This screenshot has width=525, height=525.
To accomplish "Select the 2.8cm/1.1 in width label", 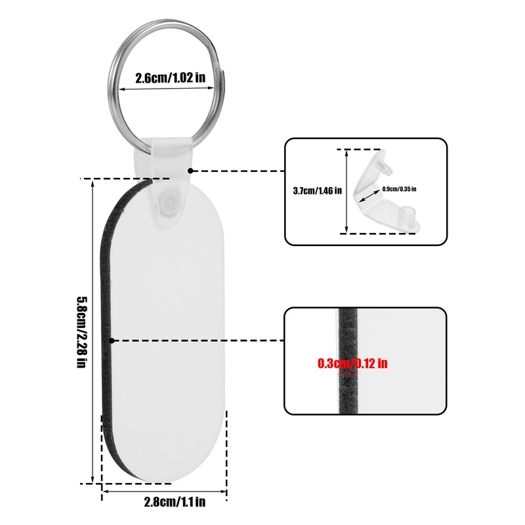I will pos(175,502).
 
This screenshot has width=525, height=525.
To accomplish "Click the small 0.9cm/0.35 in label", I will pos(400,189).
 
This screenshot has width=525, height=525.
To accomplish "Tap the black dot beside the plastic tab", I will pos(190,170).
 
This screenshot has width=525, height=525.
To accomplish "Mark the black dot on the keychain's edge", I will pos(113,341).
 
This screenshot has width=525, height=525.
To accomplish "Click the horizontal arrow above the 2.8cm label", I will pos(164,490).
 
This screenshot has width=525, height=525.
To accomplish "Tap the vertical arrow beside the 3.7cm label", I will pos(346,191).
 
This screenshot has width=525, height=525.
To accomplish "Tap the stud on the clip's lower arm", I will pos(409,215).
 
